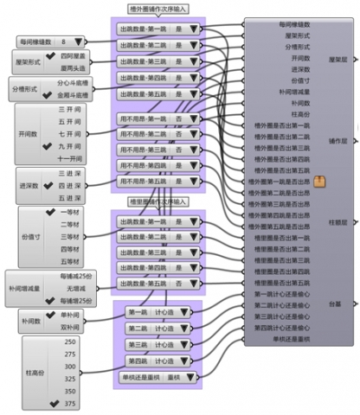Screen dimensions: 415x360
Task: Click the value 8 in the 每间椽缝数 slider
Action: coord(63,41)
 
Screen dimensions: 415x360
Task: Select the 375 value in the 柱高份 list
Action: coord(70,402)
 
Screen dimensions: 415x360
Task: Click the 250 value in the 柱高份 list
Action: coord(70,342)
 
